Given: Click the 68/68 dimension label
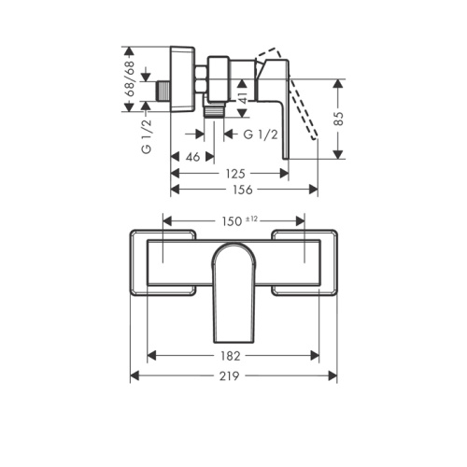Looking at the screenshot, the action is click(131, 78).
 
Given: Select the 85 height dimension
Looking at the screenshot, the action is click(339, 119).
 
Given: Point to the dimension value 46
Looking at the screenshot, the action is click(192, 157).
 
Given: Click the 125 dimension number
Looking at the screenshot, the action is click(235, 174).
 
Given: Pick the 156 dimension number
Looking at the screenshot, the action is click(243, 190).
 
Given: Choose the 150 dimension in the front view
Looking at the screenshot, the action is click(232, 221).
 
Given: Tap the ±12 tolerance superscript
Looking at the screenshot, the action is click(251, 219).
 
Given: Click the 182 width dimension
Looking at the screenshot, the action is click(231, 356).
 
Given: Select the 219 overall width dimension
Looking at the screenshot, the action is click(230, 376).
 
